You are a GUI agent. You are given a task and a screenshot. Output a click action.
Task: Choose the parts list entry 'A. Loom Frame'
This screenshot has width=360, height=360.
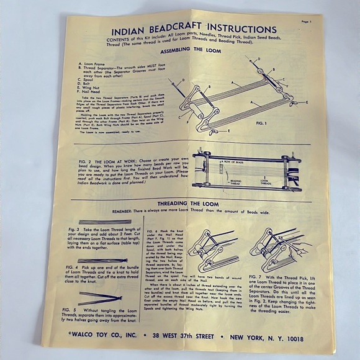click(92, 63)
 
